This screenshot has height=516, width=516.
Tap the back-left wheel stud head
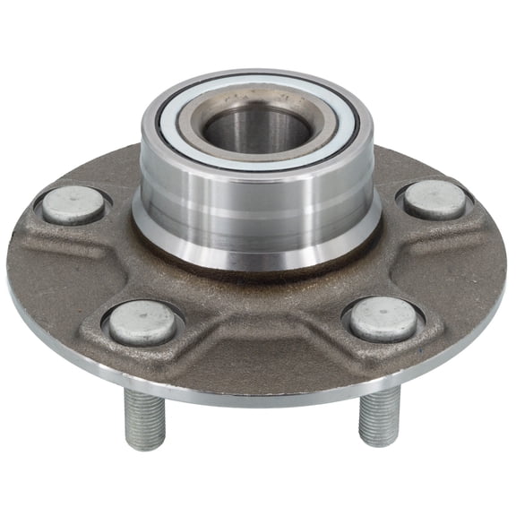point(73,205)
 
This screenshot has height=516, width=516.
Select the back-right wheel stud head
point(434,199)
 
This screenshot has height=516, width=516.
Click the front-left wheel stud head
point(142,322)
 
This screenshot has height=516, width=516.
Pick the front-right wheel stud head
point(383,318)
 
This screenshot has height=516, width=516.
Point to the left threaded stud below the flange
point(144,417)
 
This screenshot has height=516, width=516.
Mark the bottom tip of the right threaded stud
point(379,441)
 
